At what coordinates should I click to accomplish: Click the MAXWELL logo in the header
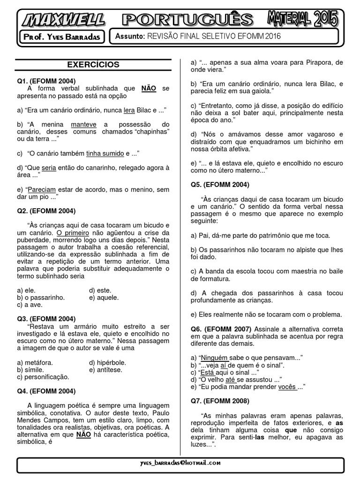pyautogui.click(x=63, y=20)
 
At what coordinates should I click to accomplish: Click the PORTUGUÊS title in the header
pyautogui.click(x=187, y=20)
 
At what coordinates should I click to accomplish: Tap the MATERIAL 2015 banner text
pyautogui.click(x=302, y=19)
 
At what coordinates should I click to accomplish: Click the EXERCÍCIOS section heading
pyautogui.click(x=93, y=65)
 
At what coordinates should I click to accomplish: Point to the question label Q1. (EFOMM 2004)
pyautogui.click(x=46, y=81)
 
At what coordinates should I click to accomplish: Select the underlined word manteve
pyautogui.click(x=84, y=124)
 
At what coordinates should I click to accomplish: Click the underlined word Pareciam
pyautogui.click(x=42, y=190)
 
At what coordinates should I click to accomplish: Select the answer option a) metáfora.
pyautogui.click(x=35, y=362)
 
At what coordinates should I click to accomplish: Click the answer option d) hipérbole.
pyautogui.click(x=107, y=362)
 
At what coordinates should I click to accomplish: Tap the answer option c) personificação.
pyautogui.click(x=43, y=376)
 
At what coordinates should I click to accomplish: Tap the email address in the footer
pyautogui.click(x=180, y=463)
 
